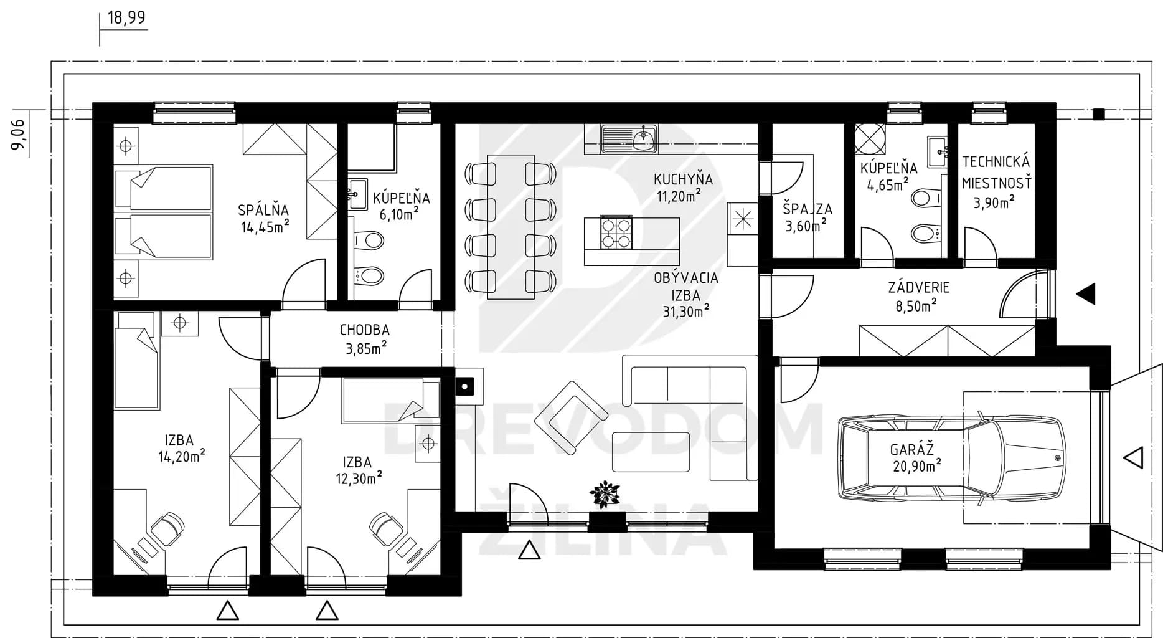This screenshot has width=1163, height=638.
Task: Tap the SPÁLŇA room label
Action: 263,210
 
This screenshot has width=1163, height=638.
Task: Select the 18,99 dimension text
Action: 127,17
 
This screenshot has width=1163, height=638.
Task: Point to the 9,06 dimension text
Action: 19,134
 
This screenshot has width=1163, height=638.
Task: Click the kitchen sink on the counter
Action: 629,138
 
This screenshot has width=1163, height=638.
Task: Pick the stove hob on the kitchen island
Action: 616,233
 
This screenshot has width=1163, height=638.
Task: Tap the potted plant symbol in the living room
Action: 604,494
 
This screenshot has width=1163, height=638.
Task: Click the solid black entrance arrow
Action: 1086,293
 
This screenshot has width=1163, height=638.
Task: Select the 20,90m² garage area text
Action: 917,465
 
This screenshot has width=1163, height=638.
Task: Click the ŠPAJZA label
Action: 808,209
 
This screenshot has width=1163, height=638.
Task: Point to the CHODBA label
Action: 365,330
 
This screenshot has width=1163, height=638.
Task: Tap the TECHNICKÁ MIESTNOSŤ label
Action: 996,173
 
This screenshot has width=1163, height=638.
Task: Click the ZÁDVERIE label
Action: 919,287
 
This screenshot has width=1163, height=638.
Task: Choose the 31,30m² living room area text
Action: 686,311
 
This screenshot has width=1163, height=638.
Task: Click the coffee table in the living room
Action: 651,452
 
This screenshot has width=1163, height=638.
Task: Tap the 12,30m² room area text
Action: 358,478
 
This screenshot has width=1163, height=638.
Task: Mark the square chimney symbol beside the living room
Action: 464,387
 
